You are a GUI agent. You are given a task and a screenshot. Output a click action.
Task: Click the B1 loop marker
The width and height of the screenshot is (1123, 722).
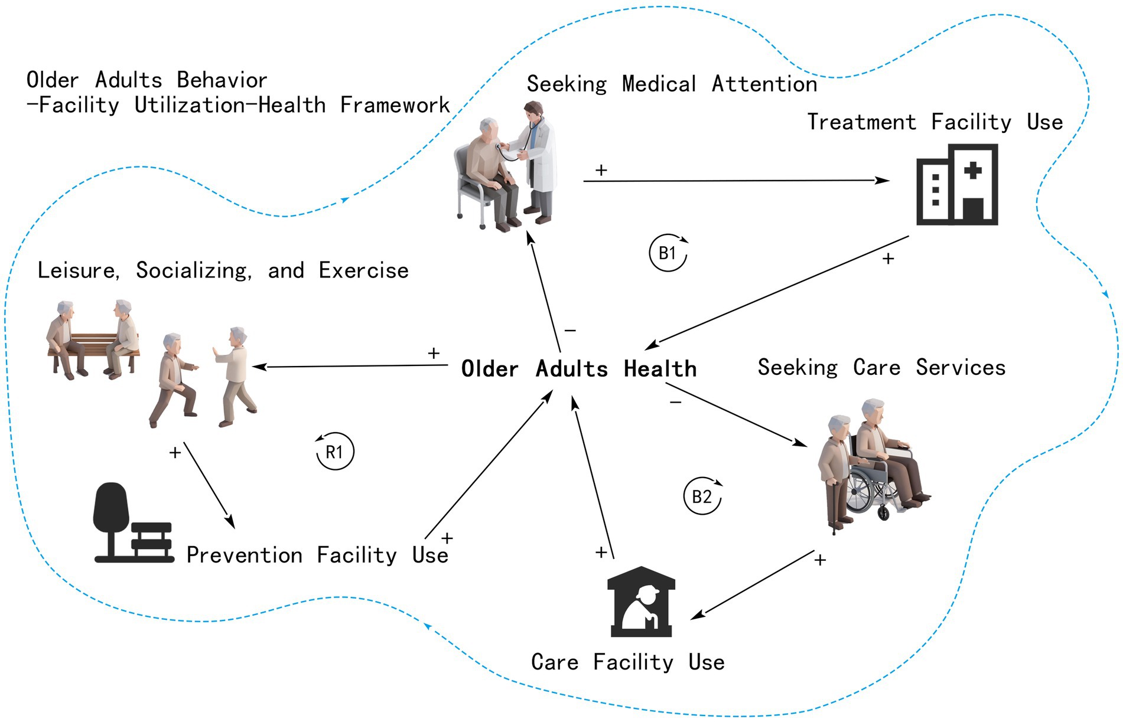pos(668,253)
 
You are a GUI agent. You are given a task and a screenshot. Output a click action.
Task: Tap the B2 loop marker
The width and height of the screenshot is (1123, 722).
pos(702,496)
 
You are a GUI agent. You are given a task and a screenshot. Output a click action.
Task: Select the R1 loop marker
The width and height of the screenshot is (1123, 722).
pos(334,452)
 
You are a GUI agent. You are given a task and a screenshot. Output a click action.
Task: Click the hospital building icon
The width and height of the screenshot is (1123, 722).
pos(957,185)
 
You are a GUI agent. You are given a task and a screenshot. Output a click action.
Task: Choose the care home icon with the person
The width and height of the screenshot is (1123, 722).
pos(641,602)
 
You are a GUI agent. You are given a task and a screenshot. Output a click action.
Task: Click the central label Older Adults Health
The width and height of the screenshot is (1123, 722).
pos(578,369)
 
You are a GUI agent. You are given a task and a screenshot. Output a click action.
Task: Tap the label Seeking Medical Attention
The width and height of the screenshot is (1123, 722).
pos(672,84)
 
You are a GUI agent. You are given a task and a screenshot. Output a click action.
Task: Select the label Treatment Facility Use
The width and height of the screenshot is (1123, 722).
pos(935,122)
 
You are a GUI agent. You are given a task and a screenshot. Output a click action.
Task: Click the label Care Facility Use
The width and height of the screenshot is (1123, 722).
pos(627,662)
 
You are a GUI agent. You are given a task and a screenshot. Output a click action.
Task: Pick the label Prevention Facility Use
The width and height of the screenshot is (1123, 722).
pos(317,556)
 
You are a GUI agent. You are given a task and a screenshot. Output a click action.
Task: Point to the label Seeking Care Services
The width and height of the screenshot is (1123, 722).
pos(881,368)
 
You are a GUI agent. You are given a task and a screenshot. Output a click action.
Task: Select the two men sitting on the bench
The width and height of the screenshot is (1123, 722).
pos(93,339)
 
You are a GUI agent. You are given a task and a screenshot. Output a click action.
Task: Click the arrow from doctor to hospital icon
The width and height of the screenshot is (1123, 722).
pos(735,181)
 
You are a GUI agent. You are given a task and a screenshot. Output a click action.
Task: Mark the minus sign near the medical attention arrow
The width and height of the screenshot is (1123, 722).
pos(570,331)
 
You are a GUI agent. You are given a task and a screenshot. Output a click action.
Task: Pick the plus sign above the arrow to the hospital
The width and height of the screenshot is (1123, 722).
pos(601,170)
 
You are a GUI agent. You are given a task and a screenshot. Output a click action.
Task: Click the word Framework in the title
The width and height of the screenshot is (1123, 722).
pos(395,106)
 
